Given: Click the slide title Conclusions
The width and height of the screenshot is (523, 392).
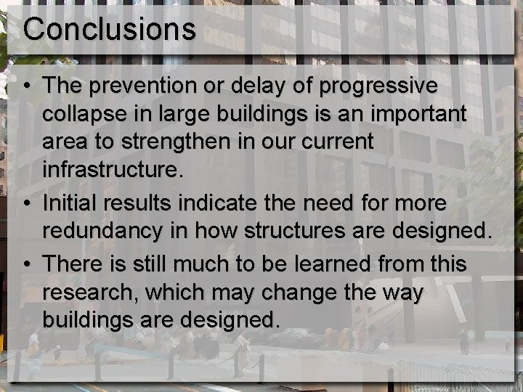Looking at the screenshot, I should click(109, 29).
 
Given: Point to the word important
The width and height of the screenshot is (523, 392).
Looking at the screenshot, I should click(417, 115).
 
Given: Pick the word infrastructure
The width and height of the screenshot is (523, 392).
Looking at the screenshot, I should click(109, 171).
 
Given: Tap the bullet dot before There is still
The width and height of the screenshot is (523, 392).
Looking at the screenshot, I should click(26, 264).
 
